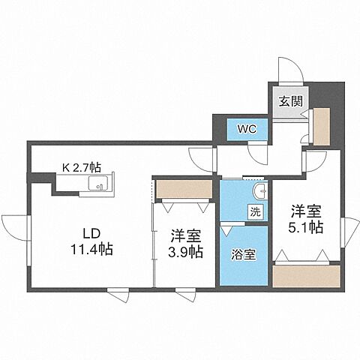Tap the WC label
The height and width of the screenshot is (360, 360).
point(247,128)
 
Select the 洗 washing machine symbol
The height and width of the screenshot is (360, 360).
point(255,212)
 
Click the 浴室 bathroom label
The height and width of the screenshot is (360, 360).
point(244,253)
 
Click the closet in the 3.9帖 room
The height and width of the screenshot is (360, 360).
point(184,188)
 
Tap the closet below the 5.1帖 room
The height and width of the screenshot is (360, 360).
point(304,275)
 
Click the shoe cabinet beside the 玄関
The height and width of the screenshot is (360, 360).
point(321,127)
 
